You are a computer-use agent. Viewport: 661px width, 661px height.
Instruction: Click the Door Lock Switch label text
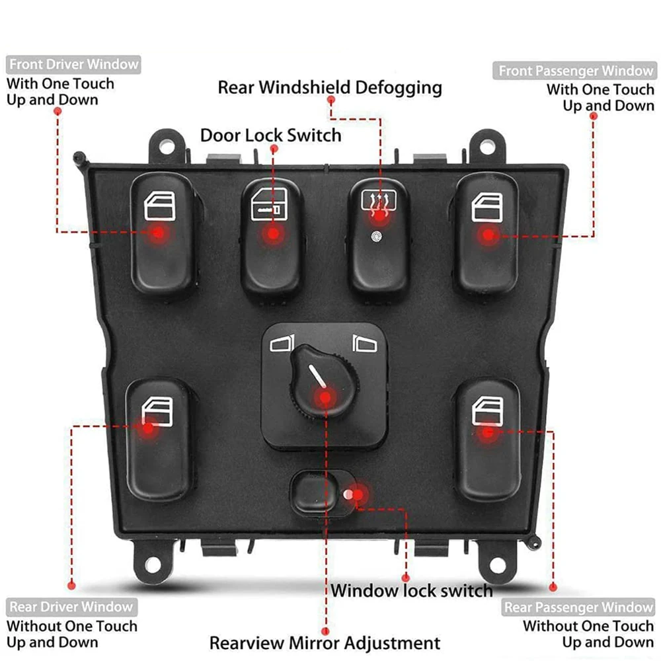coord(271,136)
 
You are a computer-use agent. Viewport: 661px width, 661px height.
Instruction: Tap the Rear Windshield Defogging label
coord(330,87)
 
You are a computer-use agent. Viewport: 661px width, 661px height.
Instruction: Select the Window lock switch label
coord(412,590)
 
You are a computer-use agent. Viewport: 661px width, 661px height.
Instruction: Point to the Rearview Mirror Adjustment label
coord(325,642)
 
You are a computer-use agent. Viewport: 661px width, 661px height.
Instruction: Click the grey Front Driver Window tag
coord(73,65)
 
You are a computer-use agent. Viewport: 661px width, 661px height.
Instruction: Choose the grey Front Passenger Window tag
coord(574,70)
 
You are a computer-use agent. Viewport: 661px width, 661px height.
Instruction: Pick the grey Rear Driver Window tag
coord(70,607)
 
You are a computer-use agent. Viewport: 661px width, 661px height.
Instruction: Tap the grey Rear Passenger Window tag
coord(578,607)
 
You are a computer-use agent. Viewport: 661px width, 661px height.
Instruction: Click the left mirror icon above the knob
coord(282,343)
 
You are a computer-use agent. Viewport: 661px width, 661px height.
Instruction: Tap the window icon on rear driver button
coord(157,407)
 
